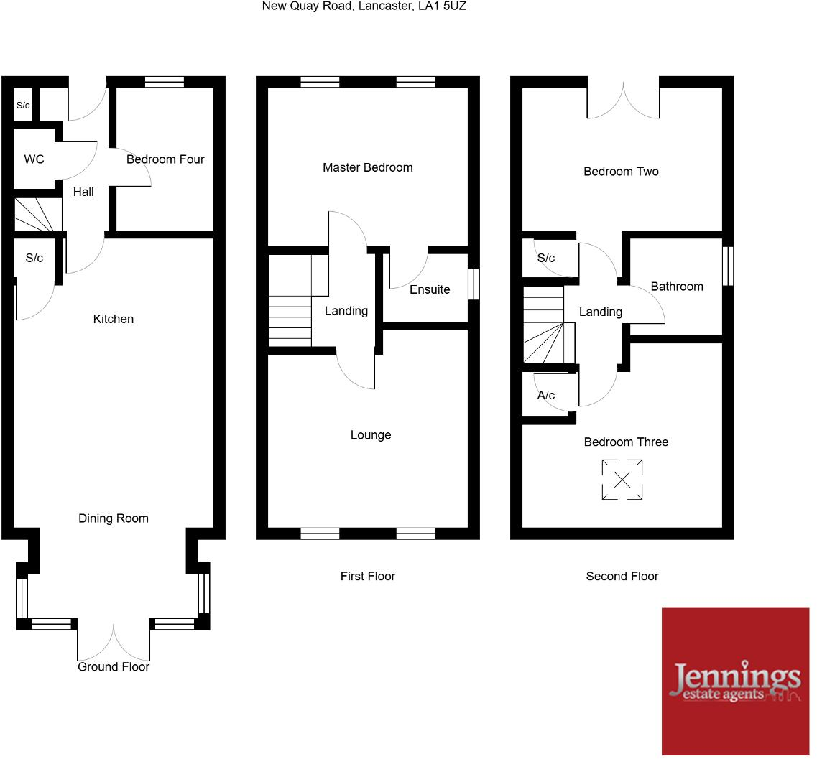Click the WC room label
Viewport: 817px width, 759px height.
pyautogui.click(x=34, y=159)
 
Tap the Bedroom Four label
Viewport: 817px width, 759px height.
pyautogui.click(x=165, y=159)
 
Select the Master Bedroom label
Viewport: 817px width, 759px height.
pyautogui.click(x=367, y=167)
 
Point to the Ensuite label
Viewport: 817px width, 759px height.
pyautogui.click(x=430, y=289)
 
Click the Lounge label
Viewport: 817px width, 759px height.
pyautogui.click(x=371, y=434)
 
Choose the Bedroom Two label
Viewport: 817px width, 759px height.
pyautogui.click(x=621, y=171)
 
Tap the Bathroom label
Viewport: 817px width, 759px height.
pyautogui.click(x=677, y=287)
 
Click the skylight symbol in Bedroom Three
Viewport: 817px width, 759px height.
pyautogui.click(x=622, y=480)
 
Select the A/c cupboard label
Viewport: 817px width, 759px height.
pyautogui.click(x=546, y=395)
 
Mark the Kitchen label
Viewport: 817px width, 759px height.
pyautogui.click(x=114, y=319)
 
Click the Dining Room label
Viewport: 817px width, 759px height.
pyautogui.click(x=114, y=518)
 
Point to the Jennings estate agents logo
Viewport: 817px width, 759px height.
pyautogui.click(x=735, y=681)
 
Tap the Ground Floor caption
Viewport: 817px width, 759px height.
pyautogui.click(x=114, y=666)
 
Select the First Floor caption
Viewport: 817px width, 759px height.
pyautogui.click(x=368, y=576)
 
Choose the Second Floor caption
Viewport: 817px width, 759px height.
pyautogui.click(x=622, y=576)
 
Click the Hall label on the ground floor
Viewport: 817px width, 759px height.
pyautogui.click(x=83, y=192)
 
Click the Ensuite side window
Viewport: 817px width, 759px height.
pyautogui.click(x=474, y=284)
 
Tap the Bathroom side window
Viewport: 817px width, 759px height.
pyautogui.click(x=728, y=266)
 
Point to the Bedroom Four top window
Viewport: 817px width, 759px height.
pyautogui.click(x=164, y=82)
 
